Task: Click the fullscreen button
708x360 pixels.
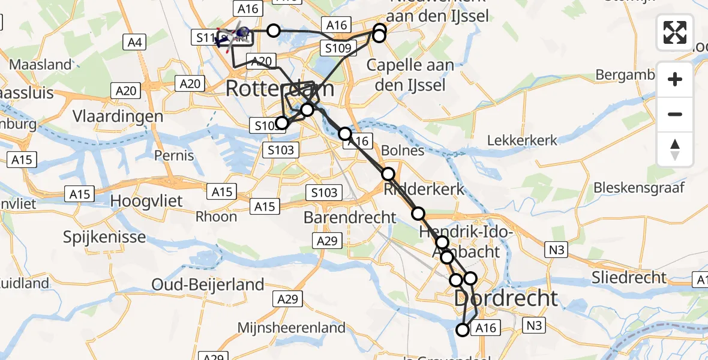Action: point(675,32)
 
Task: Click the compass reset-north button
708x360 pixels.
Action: point(675,149)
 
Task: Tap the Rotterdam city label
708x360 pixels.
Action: point(280,89)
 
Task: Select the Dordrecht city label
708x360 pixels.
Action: point(506,298)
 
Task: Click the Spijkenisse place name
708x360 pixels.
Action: point(104,236)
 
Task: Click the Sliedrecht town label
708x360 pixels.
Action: point(629,277)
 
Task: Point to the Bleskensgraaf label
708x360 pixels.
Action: point(638,188)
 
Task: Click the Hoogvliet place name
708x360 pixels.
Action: point(147,200)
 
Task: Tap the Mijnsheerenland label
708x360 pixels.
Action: point(292,328)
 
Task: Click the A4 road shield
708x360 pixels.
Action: point(134,42)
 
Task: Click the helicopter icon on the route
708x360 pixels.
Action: point(239,32)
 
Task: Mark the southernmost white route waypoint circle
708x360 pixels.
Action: point(463,329)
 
